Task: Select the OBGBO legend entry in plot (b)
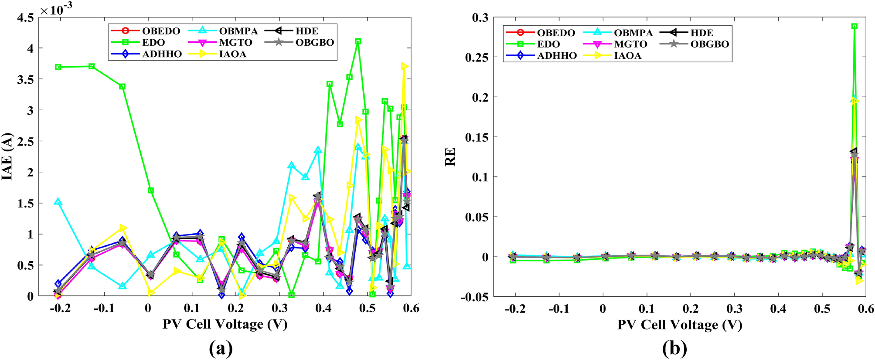[709, 44]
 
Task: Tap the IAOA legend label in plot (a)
[232, 54]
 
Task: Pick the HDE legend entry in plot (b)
[701, 33]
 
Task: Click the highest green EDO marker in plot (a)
[358, 41]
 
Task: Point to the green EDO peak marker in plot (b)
[855, 26]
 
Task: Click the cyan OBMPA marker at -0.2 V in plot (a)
[58, 202]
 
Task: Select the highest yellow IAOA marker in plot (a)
[404, 66]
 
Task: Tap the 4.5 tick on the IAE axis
[25, 18]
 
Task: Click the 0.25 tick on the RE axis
[477, 58]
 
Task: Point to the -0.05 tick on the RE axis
[474, 297]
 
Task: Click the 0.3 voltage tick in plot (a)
[279, 309]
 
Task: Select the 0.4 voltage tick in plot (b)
[778, 309]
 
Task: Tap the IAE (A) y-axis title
[7, 157]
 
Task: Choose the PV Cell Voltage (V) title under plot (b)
[679, 325]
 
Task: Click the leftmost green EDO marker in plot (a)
[58, 67]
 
